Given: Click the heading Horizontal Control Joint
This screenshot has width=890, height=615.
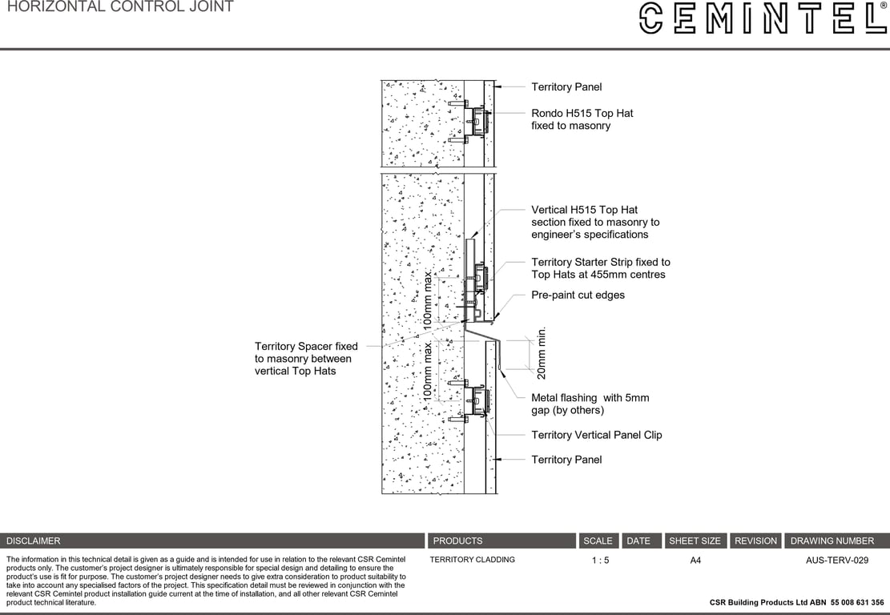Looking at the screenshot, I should point(120,7).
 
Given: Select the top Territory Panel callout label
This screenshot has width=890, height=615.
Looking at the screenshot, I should point(566,86).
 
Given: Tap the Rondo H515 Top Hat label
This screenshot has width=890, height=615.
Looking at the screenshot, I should point(582,119).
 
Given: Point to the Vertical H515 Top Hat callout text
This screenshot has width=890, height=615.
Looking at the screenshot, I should point(594,222).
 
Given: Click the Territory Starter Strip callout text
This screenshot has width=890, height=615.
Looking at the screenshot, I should point(600,268).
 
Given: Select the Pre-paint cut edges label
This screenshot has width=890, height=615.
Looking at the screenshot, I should point(578,295).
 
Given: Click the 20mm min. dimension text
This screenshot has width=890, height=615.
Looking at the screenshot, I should point(542,352).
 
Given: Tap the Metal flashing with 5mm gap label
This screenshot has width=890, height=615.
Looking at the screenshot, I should point(590,404).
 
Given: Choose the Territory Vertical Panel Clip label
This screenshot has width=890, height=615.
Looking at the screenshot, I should point(596,435).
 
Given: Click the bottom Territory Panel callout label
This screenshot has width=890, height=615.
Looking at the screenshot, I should point(566,460).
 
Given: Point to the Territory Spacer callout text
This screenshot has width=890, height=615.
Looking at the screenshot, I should point(305,358).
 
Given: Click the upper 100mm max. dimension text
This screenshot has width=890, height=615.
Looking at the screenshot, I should point(429,300).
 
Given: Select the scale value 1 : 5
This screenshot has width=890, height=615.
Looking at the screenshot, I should point(600,561).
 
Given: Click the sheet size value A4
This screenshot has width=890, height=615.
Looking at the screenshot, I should point(695,561).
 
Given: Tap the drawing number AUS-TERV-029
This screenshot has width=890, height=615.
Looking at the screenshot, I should point(836,561).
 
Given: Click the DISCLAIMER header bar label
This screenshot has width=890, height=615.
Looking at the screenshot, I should point(34,541).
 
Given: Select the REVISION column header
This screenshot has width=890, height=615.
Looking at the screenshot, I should point(755,541).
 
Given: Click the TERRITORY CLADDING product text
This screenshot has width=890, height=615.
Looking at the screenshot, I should point(472,560).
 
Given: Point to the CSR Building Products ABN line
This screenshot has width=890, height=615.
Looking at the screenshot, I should point(796,602).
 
